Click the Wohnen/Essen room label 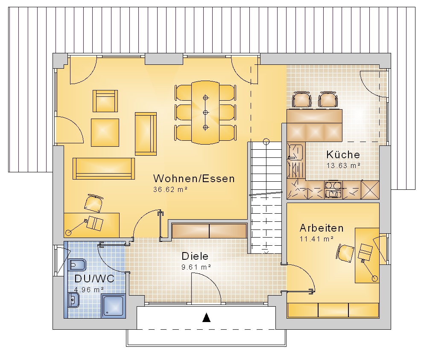pos(194,178)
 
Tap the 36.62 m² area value pos(170,189)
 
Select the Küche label pos(343,154)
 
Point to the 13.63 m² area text pos(343,165)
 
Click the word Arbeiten pos(322,228)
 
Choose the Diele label pos(195,256)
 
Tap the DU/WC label pos(94,279)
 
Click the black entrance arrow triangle pos(207,317)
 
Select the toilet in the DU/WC pos(77,264)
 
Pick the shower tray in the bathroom pos(114,306)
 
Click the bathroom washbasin pos(73,300)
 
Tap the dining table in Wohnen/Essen pos(205,112)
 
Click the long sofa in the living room pos(104,168)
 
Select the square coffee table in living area pos(105,133)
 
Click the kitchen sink pos(296,152)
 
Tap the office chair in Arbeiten pos(345,253)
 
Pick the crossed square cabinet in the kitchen pos(370,189)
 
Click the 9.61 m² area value pos(196,267)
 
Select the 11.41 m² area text pos(316,239)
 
